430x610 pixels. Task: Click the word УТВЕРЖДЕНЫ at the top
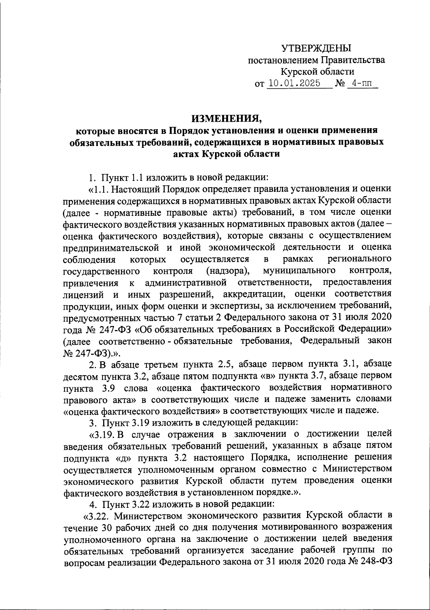[316, 48]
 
